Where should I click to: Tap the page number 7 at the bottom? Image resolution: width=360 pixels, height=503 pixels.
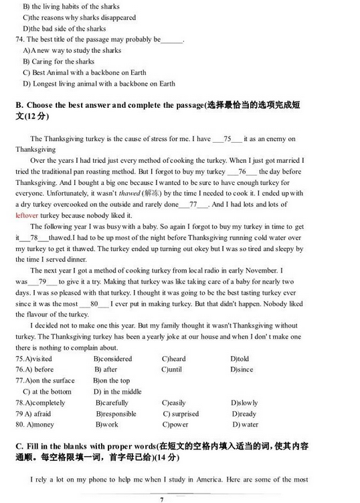coord(162,499)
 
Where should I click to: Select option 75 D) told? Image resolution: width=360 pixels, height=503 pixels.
coord(239,359)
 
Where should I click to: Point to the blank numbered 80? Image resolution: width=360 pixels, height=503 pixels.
coord(98,303)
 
